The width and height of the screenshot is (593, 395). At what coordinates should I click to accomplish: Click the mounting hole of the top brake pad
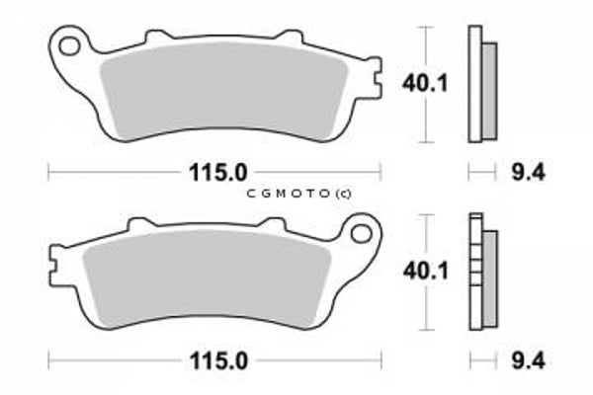(x=69, y=45)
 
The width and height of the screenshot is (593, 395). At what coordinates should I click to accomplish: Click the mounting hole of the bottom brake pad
(x=361, y=233)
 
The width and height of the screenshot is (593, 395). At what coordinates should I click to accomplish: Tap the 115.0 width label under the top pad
(x=217, y=173)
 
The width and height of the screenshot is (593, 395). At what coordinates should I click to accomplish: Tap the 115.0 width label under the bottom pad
(x=218, y=361)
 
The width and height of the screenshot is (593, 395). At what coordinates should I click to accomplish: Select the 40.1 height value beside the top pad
(x=425, y=83)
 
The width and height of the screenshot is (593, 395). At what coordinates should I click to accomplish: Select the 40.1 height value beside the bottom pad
(x=425, y=271)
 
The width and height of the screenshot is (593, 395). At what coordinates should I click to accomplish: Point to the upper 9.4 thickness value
(x=529, y=173)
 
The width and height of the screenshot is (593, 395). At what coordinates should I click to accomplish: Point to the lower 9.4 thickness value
(x=529, y=360)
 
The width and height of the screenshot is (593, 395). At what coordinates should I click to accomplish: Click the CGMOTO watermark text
(x=298, y=194)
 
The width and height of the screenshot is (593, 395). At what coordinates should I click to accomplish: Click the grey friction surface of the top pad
(x=224, y=92)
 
